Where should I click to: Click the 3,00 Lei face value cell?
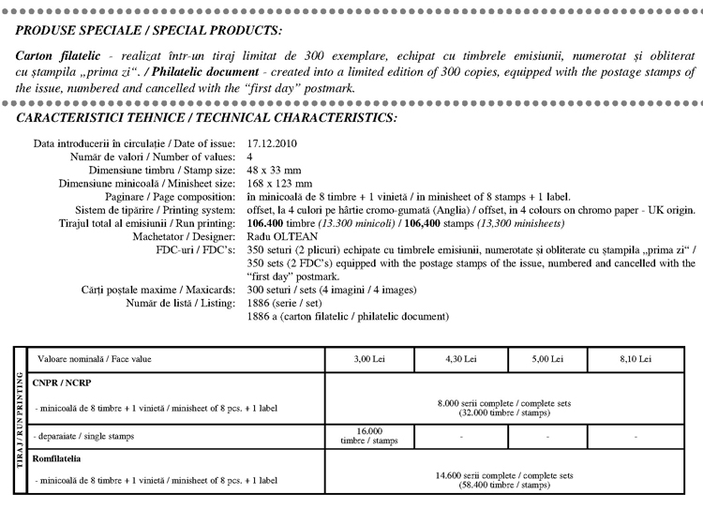[368, 359]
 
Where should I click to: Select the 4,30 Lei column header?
[460, 359]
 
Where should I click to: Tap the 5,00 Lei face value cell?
[546, 359]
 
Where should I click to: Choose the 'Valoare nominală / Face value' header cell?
[93, 359]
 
